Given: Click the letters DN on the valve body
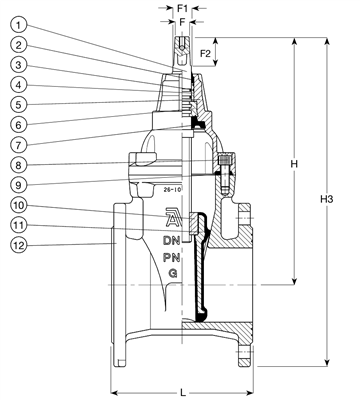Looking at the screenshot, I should coord(174,242).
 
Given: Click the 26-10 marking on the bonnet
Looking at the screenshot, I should coord(172,186).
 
